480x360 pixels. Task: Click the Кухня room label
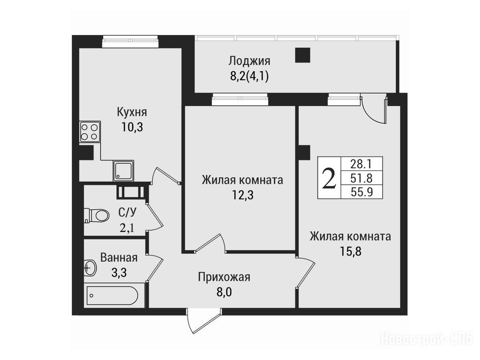tap(132, 112)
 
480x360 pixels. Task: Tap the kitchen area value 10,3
tap(132, 127)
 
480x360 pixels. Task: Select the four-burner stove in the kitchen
tap(90, 132)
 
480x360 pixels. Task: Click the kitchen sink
tap(123, 171)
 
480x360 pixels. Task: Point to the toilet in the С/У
tap(96, 215)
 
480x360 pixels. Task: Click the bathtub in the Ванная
tap(112, 295)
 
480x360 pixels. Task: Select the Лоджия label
tap(249, 61)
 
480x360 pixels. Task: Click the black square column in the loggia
tap(303, 55)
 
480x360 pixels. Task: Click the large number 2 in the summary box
tap(329, 178)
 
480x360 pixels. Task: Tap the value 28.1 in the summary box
tap(361, 165)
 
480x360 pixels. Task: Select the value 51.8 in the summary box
tap(361, 178)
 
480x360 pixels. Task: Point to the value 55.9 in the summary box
tap(361, 192)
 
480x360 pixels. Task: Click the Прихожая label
tap(224, 277)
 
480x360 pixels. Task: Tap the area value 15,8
tap(351, 251)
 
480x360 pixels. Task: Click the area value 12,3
tap(242, 195)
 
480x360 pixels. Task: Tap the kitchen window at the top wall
tap(130, 42)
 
